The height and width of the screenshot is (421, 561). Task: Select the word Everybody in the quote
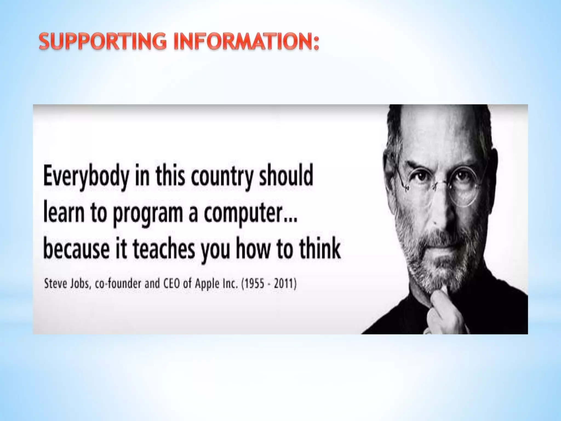(86, 177)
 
